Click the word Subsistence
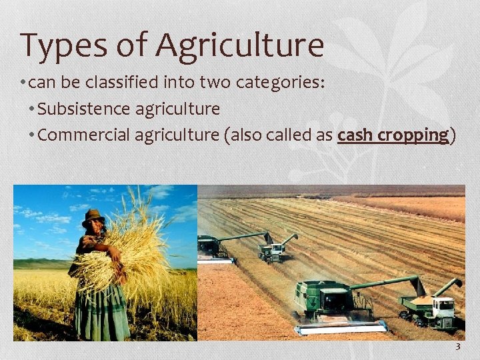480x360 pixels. point(84,108)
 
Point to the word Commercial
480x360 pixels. point(84,135)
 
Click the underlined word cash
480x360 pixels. point(355,135)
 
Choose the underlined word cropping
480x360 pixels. point(414,136)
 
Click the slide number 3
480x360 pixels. point(458,347)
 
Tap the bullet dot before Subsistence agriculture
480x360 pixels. point(33,109)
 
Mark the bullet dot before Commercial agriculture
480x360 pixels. point(33,135)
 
